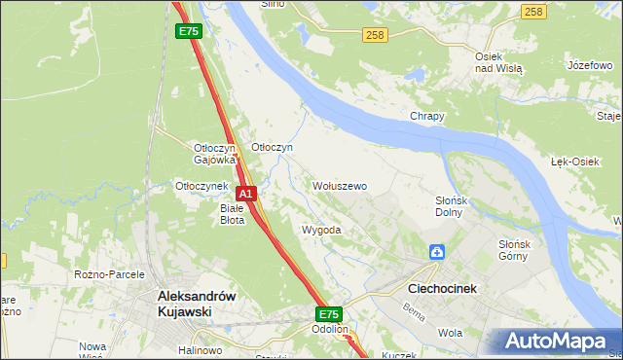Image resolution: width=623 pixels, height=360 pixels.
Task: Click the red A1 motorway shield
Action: (x=246, y=194)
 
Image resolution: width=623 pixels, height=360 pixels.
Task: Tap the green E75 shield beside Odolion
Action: (x=329, y=314)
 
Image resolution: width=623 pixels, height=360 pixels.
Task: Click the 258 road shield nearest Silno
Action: (x=376, y=35)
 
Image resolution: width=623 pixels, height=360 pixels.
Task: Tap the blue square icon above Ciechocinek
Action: (x=437, y=253)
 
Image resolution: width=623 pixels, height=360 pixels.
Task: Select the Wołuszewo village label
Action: (x=339, y=185)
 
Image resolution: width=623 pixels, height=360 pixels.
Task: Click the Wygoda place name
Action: (x=321, y=231)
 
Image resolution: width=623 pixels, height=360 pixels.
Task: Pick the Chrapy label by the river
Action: (x=426, y=116)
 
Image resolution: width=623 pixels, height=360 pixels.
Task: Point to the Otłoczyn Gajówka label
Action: (x=215, y=153)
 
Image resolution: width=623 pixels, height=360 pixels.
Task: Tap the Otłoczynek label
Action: (x=201, y=185)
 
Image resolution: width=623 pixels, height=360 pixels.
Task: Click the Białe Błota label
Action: (x=232, y=214)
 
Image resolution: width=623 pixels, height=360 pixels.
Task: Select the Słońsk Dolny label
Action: (x=454, y=206)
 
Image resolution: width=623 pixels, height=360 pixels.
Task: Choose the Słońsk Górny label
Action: (x=513, y=250)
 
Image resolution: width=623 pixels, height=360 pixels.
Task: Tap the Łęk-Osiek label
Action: (x=574, y=162)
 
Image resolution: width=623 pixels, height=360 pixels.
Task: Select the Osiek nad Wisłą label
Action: (x=498, y=63)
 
